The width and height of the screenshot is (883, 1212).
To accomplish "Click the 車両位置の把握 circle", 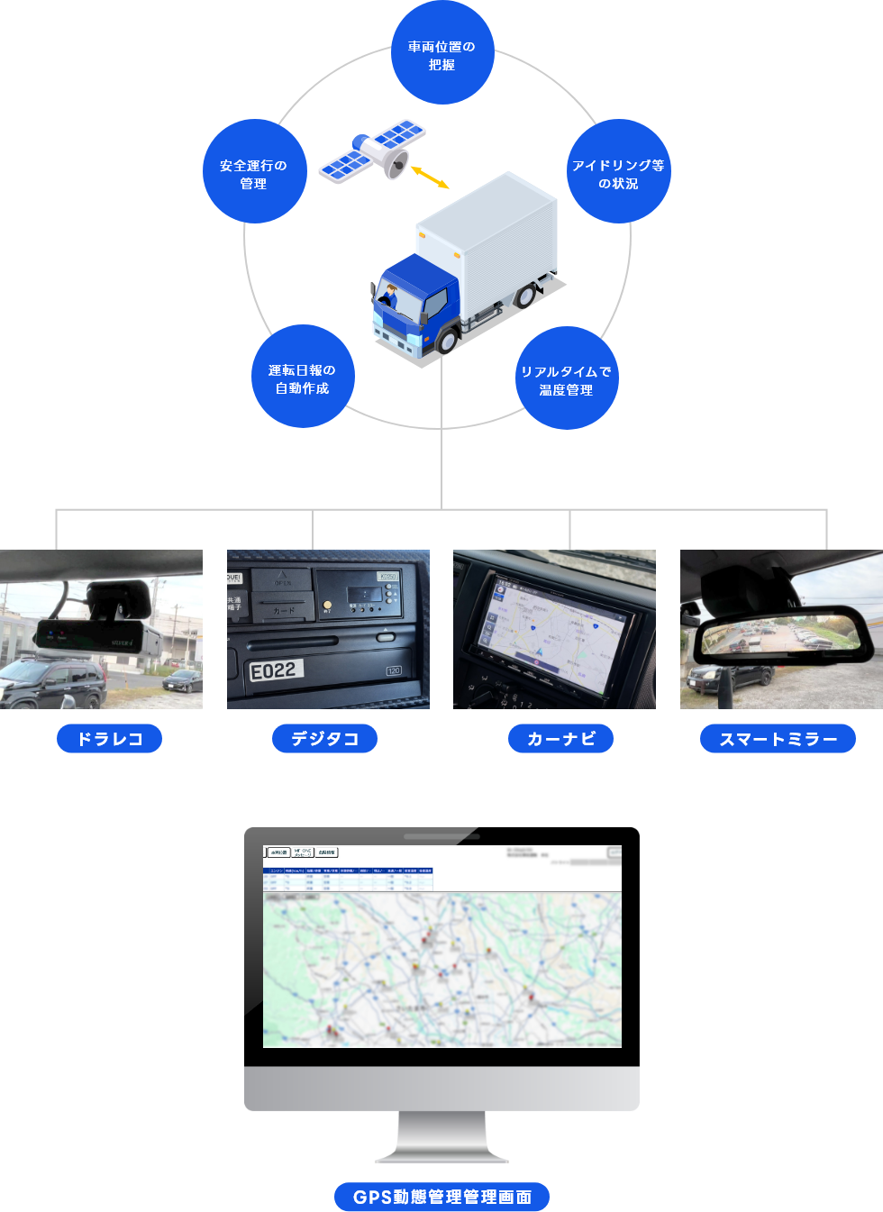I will coord(441,54).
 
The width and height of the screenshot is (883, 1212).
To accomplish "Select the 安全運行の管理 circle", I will coord(254,172).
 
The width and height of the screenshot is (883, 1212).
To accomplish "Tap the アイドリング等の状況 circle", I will coord(618,172).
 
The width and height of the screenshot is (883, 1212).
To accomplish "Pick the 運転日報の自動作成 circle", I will coord(303,378).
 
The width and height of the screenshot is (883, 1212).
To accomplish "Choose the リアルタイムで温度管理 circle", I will coord(567,378).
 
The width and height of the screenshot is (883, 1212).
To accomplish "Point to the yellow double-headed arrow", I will coord(430,177).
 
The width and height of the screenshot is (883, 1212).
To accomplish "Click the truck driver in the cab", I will coord(390,296).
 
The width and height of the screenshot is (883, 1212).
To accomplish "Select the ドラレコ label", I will coord(109,739).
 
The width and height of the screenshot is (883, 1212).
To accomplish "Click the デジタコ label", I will coord(324,739).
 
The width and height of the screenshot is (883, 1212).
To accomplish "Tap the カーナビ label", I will coord(560,739).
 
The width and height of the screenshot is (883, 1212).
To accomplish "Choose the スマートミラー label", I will coord(778,739).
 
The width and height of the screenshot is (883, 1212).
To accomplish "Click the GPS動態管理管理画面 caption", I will coord(441,1197).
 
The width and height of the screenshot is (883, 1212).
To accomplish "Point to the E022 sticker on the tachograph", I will coord(276,670).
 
